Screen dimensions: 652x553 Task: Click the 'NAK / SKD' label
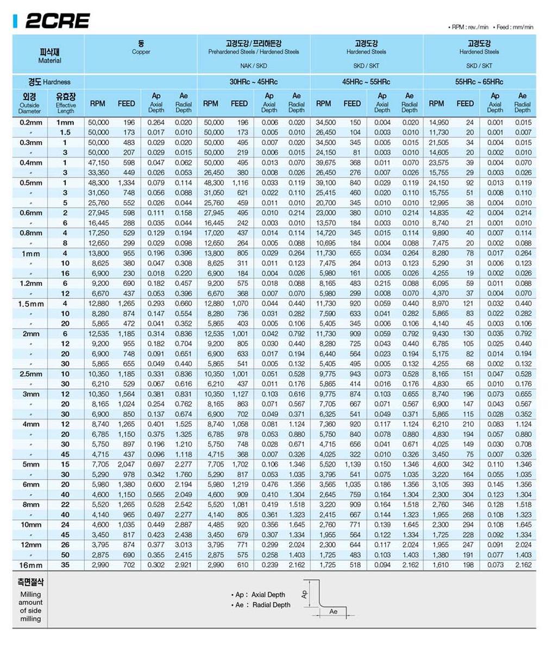click(x=254, y=66)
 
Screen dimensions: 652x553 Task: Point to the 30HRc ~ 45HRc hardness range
click(x=254, y=82)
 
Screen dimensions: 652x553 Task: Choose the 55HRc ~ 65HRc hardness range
click(x=479, y=82)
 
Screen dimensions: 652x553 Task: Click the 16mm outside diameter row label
click(x=30, y=565)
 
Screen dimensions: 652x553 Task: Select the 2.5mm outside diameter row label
click(x=31, y=374)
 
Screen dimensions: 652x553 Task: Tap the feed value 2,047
click(x=126, y=465)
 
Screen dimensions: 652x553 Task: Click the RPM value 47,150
click(x=98, y=162)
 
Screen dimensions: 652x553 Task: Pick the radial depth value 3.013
click(x=183, y=545)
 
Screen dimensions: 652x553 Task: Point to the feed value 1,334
click(x=126, y=183)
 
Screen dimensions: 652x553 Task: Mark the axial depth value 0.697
click(x=156, y=465)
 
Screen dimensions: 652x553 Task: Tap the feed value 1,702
click(x=239, y=465)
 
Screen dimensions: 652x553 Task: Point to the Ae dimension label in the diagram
click(x=334, y=612)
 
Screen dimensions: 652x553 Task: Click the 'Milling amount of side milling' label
click(x=30, y=602)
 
